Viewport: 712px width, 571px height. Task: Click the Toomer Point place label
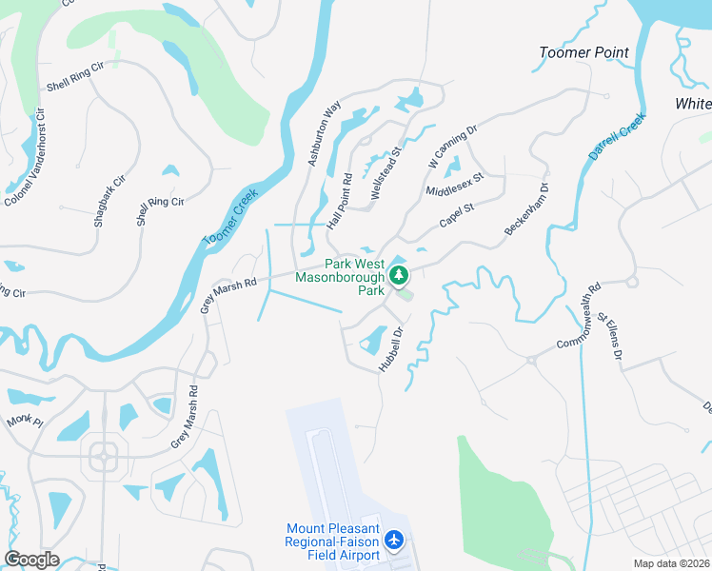[584, 52]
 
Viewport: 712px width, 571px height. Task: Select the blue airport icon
[394, 541]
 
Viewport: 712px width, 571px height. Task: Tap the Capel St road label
[456, 216]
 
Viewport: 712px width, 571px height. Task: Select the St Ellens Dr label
[608, 338]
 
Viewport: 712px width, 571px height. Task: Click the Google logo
[31, 560]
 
